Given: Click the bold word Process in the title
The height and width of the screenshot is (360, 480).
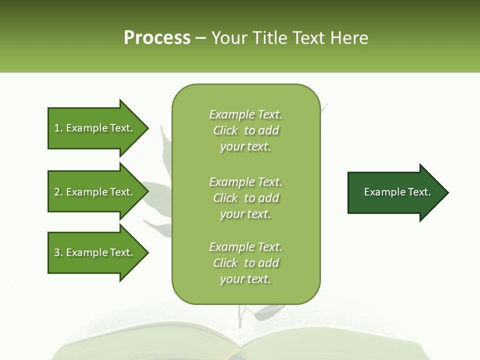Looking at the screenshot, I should [157, 38].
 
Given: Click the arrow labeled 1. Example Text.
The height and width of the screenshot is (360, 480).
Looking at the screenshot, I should [95, 128].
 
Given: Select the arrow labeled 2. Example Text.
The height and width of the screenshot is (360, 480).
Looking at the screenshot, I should [95, 192].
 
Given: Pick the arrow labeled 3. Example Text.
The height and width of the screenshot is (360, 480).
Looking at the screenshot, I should [95, 252].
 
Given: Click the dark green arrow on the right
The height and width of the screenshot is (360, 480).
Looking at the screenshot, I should [395, 192].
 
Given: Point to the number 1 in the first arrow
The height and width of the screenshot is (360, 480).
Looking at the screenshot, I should [57, 128].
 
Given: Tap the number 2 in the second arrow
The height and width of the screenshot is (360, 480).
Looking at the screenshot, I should [57, 192].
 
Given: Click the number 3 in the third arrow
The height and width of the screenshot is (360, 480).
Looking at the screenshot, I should [57, 252].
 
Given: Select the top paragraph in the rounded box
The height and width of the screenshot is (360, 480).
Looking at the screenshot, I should [246, 130].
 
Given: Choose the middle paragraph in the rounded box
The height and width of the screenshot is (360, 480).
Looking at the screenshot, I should [246, 198].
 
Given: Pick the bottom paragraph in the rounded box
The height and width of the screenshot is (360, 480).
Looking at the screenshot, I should [246, 263].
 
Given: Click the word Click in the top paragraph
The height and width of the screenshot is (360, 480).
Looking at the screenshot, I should [225, 130].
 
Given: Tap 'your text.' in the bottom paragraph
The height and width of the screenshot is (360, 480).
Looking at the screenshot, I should [245, 279].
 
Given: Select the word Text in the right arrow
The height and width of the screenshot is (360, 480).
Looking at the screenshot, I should [419, 192].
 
